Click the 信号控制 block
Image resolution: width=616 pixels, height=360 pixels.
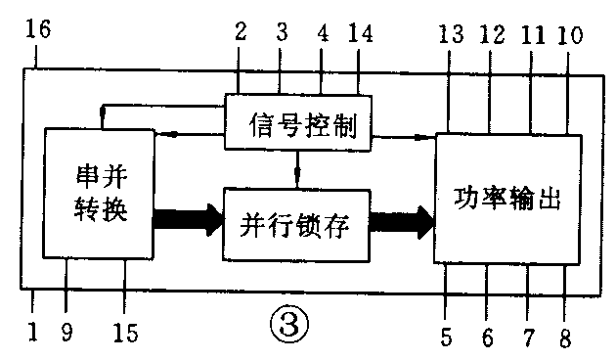297,123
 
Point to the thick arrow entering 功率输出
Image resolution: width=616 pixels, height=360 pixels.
402,221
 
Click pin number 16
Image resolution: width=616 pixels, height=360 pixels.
40,31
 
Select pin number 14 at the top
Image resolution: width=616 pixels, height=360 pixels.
360,31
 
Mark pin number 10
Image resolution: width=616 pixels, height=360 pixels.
569,34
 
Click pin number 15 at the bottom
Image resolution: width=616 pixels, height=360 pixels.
125,334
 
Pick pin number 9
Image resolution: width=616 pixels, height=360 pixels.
66,334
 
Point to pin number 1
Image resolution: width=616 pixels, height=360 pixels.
32,334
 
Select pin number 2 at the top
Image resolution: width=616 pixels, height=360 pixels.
238,31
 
